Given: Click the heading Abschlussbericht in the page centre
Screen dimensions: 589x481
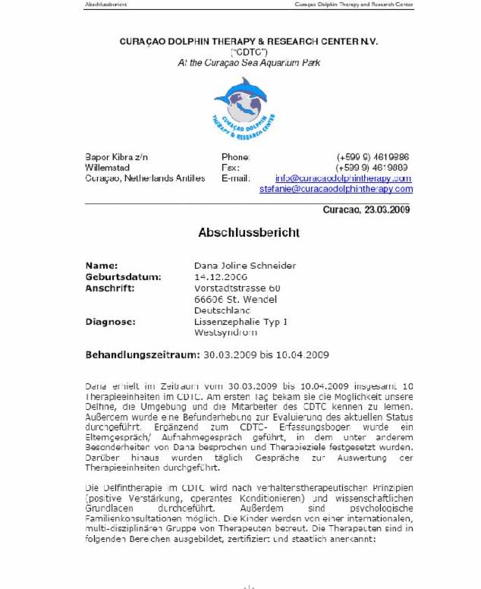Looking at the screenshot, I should coord(248,232).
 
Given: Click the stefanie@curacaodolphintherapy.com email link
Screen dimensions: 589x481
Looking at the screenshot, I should coord(336,189).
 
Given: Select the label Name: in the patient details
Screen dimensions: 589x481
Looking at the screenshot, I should coord(102,266).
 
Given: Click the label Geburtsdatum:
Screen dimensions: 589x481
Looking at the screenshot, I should coord(123,277).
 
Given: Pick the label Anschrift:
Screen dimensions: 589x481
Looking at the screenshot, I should coord(110,288).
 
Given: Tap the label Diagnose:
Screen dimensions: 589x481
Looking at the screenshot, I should coord(110,322).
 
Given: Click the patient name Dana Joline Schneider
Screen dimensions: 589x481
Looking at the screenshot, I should coord(245,266).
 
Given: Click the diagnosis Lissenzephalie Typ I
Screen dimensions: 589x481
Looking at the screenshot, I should coord(240,322).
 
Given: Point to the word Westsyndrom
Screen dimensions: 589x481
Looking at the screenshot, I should coord(226,332).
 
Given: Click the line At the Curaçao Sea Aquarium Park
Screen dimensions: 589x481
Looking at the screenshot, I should coord(248,63).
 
